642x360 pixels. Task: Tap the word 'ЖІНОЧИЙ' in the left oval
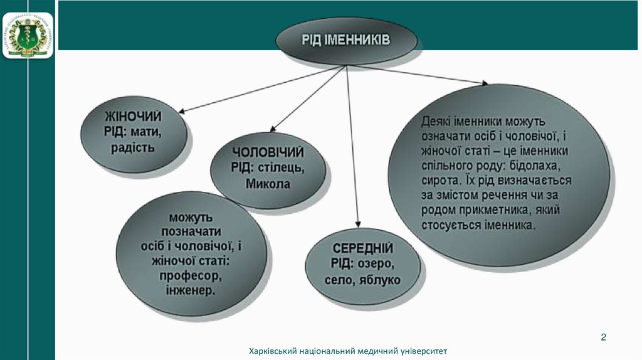pos(133,117)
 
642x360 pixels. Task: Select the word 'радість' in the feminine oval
pos(132,148)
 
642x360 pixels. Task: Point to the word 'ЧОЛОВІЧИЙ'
pos(268,152)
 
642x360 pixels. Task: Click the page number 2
pos(603,337)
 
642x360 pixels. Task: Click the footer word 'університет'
pos(423,351)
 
